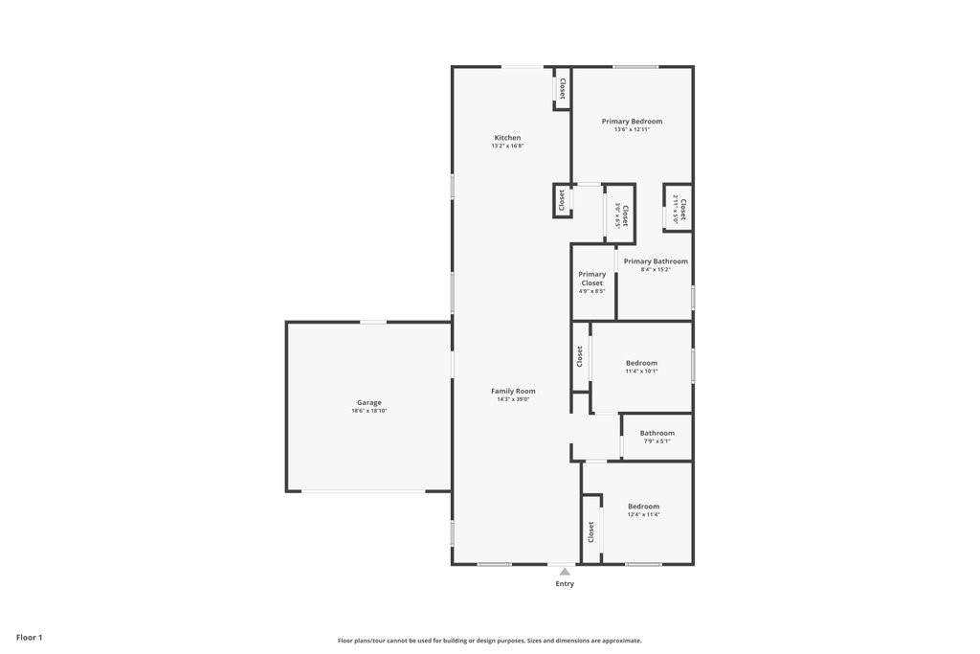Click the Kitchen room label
[507, 138]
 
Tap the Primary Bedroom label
[632, 122]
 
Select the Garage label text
[369, 403]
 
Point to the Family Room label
[513, 391]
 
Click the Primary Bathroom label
[656, 261]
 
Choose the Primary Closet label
[591, 279]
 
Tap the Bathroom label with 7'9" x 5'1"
[657, 433]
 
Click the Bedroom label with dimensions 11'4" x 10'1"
[641, 363]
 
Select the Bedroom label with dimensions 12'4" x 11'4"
[643, 507]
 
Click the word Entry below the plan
[565, 583]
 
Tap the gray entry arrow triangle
[565, 572]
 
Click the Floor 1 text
[30, 637]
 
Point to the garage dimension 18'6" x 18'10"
[369, 411]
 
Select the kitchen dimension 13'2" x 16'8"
[507, 147]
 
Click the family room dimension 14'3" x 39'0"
[513, 399]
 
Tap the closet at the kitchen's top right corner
[562, 89]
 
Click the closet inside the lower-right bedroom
[591, 531]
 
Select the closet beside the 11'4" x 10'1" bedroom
[580, 356]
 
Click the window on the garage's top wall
[373, 322]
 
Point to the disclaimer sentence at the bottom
[489, 641]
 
